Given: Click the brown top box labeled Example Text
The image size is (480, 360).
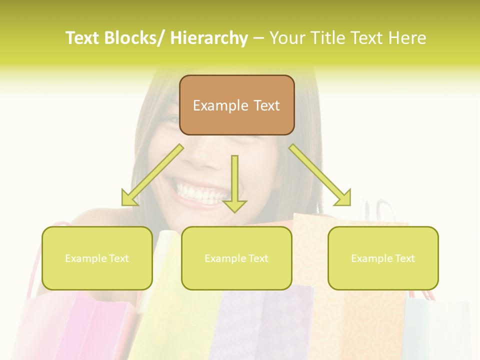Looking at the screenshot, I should point(236,105).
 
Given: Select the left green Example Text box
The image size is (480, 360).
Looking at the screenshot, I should point(97,258).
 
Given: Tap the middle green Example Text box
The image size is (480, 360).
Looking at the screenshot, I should point(236,258).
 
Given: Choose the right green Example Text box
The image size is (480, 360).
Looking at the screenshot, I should point(383,258).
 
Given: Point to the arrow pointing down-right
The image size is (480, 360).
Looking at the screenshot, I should point(320,175).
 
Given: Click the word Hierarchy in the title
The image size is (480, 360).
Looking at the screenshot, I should point(209,38).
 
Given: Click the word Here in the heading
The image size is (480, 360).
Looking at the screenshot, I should point(408,38).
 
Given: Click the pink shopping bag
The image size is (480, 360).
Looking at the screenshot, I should point(80,325).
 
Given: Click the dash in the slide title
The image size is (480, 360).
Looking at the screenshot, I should point(258,38).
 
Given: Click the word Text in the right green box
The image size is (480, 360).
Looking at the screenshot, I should point(404,258).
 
